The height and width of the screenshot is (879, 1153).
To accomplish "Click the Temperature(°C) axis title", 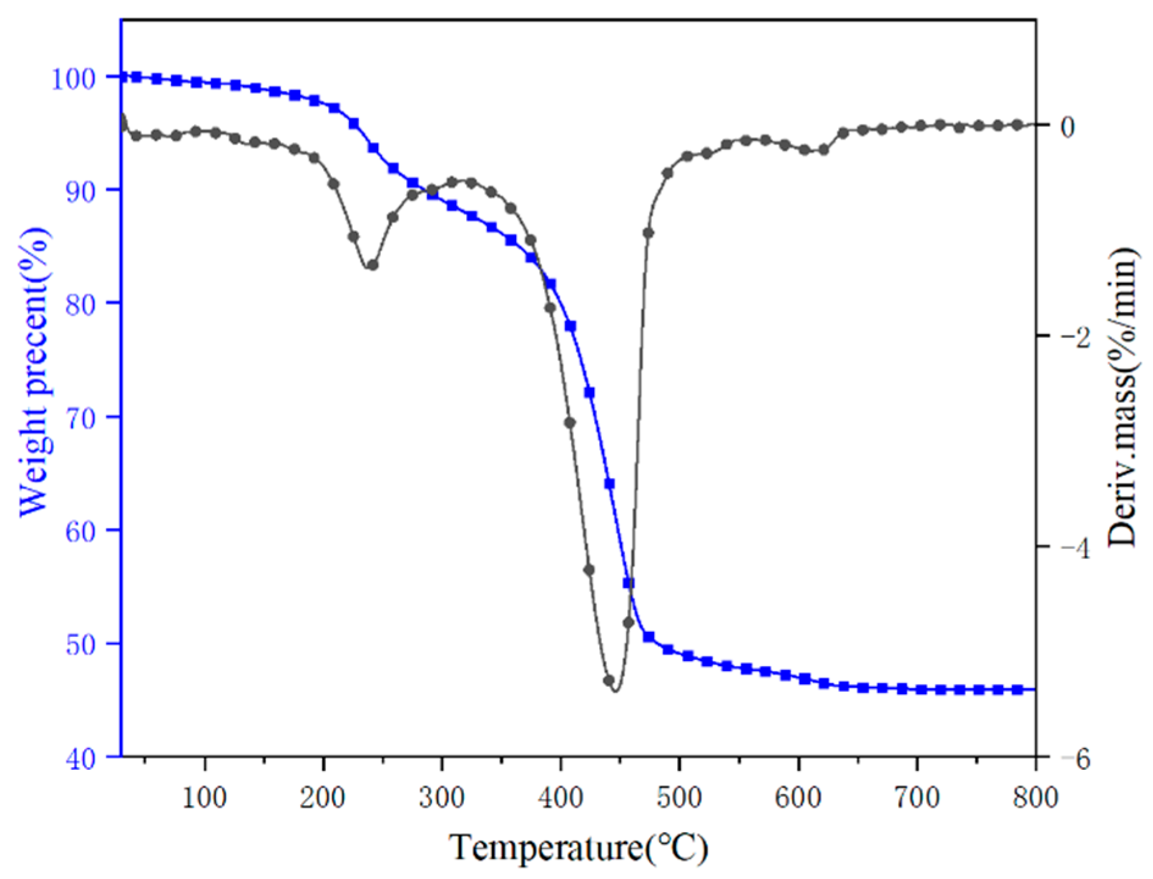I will tap(578, 847).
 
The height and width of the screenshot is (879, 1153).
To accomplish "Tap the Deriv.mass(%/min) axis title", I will tap(1121, 396).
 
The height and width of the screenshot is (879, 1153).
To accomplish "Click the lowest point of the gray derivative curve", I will tap(615, 691).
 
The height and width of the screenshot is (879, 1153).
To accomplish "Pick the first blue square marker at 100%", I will tap(123, 77).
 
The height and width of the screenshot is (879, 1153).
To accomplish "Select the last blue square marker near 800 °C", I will tap(1017, 689).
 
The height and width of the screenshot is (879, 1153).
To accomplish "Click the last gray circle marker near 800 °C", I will tap(1017, 125).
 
